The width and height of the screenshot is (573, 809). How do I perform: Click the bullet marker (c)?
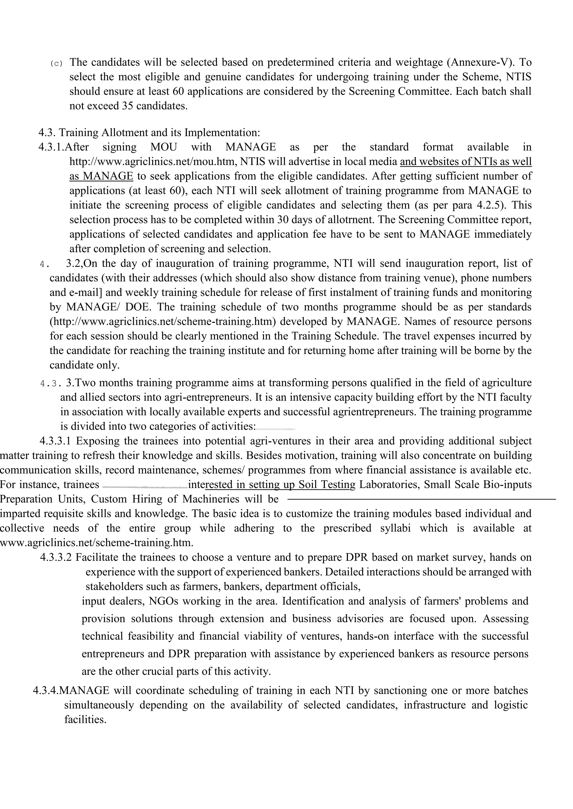[x=56, y=64]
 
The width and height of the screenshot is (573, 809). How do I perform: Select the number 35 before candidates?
[x=127, y=106]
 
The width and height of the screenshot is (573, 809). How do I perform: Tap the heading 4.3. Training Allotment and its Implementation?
[x=149, y=133]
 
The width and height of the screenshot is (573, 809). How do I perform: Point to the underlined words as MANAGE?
[x=101, y=176]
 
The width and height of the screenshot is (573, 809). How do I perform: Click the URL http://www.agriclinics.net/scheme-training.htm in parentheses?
[x=163, y=321]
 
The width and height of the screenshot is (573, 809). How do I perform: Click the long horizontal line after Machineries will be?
[x=422, y=499]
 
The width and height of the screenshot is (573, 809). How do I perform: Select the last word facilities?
[x=85, y=720]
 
